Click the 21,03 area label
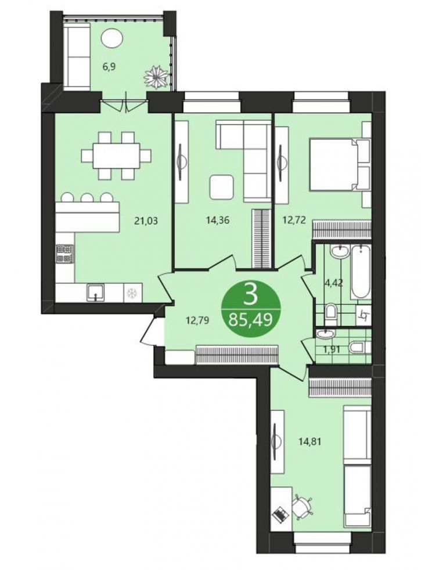[x=146, y=221]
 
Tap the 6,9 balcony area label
[x=109, y=67]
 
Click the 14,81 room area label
[x=310, y=442]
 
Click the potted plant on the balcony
[x=157, y=77]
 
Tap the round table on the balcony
[x=111, y=38]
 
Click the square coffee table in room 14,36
[x=221, y=187]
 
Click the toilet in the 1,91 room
[x=360, y=348]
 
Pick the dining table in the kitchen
[x=116, y=156]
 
